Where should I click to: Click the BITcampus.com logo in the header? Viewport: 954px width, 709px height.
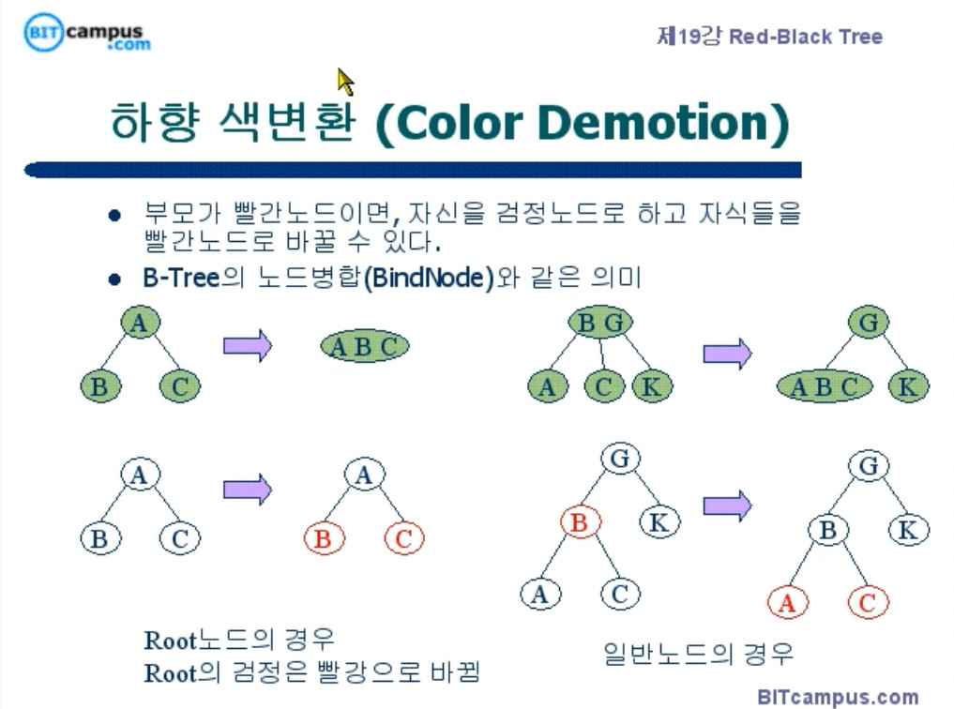click(x=87, y=33)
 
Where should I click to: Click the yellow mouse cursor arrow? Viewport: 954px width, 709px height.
click(x=345, y=82)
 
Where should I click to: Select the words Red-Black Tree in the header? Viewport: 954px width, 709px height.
click(x=806, y=38)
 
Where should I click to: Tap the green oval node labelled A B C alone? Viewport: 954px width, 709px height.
click(x=364, y=347)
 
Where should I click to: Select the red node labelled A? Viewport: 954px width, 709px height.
click(x=787, y=604)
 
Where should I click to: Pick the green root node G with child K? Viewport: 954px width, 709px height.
click(x=869, y=324)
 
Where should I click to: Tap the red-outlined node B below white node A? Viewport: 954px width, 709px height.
click(x=324, y=539)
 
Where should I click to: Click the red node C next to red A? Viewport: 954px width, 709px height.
click(x=867, y=604)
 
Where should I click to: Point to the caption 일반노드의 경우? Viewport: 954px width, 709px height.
click(x=698, y=652)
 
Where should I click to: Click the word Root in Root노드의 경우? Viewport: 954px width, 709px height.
click(x=170, y=641)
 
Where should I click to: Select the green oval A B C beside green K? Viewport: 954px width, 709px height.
click(x=825, y=386)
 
